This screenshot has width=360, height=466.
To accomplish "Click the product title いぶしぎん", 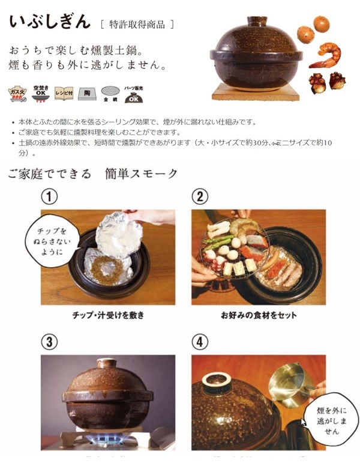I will (x=49, y=22).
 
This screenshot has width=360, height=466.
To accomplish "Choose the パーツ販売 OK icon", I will (x=133, y=92).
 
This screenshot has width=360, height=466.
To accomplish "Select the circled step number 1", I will (x=49, y=197).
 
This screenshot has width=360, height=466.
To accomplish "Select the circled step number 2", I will (x=200, y=197).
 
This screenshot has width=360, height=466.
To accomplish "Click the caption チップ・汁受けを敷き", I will (x=108, y=315).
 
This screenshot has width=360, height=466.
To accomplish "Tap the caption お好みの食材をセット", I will (x=258, y=315).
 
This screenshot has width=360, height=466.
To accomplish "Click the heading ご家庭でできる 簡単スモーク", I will (x=93, y=174).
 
